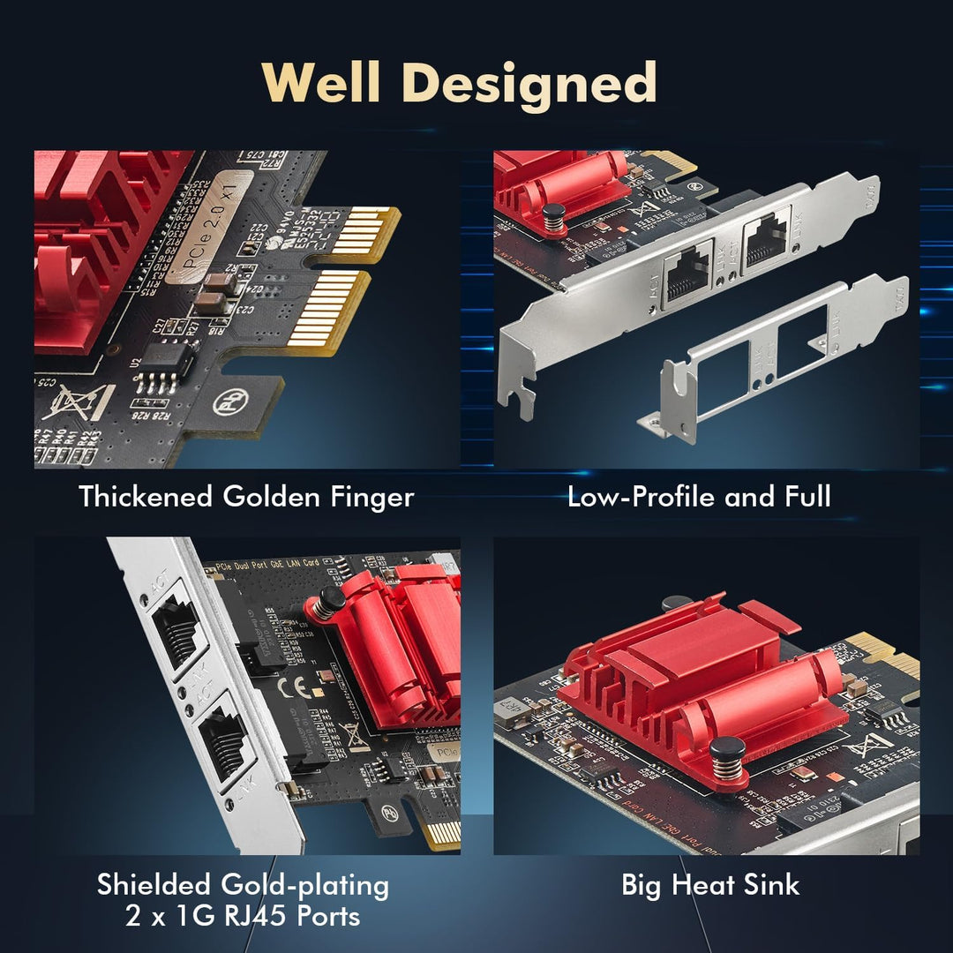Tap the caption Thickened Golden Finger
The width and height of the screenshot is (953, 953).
coord(246,497)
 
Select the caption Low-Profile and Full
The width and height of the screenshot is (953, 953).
coord(699,497)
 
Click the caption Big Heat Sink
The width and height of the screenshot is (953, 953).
coord(710,885)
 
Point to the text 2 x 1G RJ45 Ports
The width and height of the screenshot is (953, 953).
coord(242,916)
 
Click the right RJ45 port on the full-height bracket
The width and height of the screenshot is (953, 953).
coord(766,238)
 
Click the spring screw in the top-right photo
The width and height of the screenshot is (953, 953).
coord(552,220)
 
